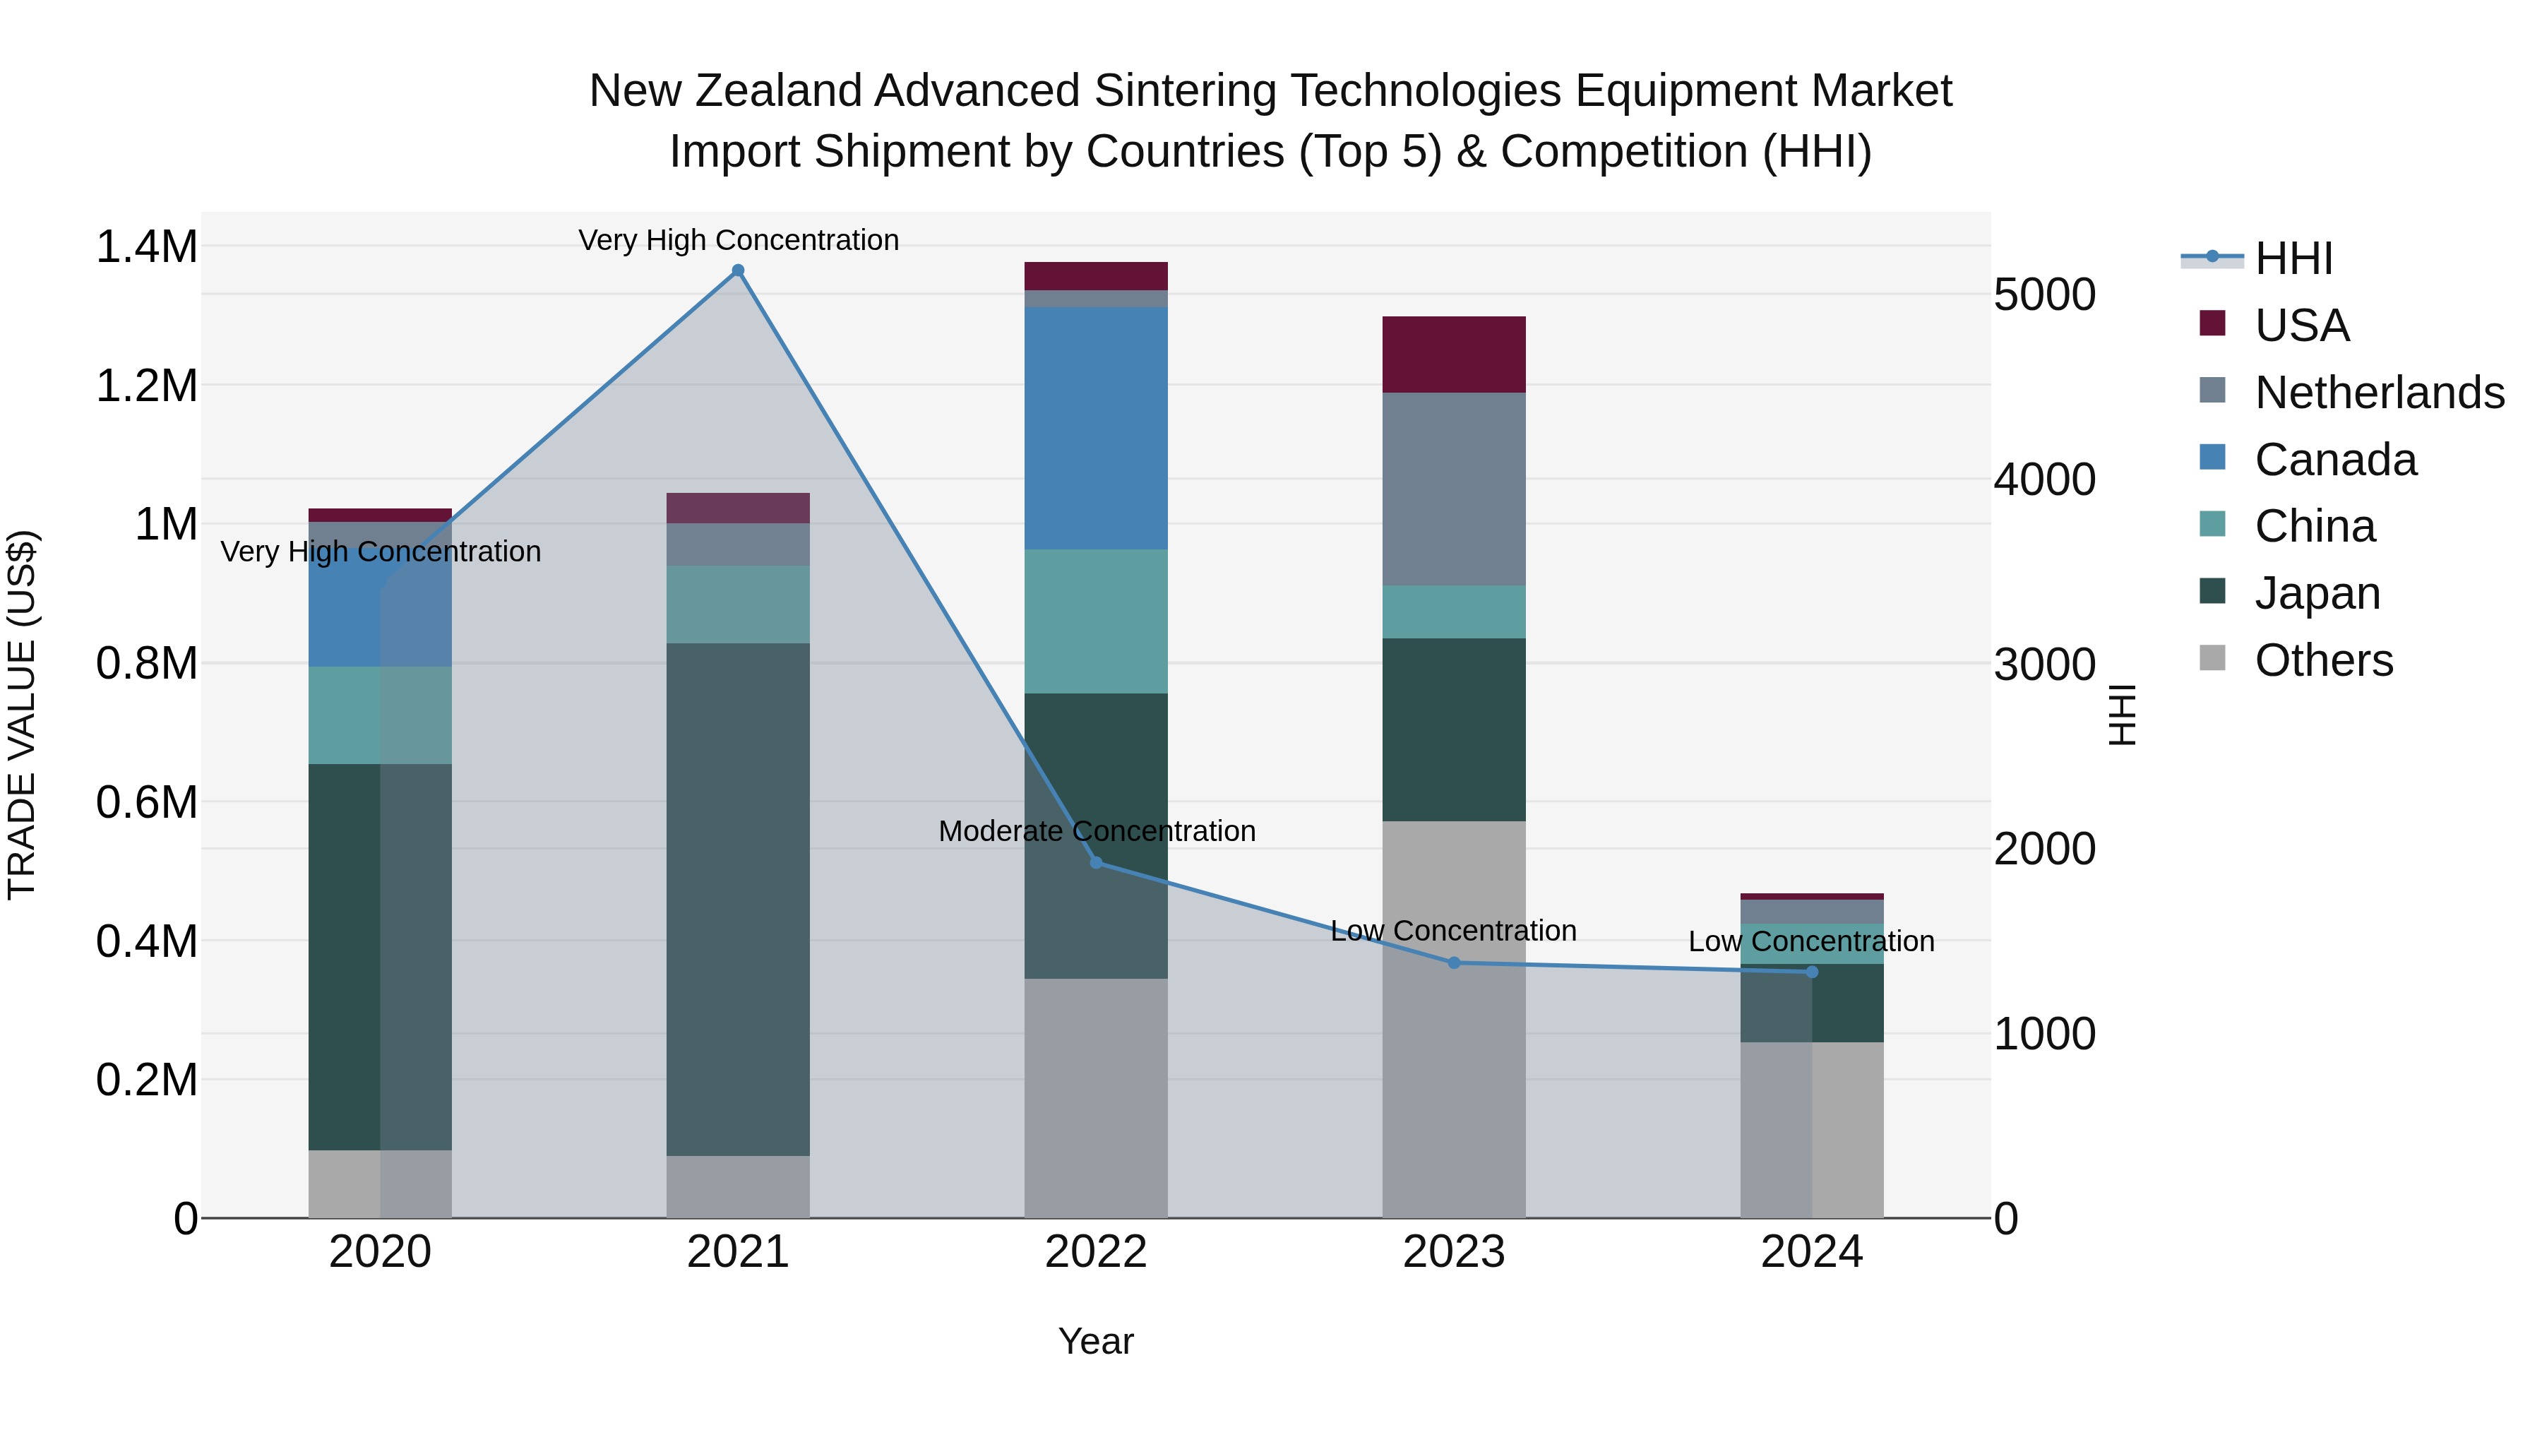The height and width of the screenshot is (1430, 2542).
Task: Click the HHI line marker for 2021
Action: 737,270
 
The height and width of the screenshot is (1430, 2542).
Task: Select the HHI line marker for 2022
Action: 1095,862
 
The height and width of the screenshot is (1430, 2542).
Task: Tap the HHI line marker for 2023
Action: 1454,963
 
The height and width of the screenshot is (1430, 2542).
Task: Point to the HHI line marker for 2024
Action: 1812,972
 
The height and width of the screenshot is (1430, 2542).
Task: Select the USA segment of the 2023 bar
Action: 1454,354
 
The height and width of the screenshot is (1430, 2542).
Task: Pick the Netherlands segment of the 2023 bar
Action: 1454,489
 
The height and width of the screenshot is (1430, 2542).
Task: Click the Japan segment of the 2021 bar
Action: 737,898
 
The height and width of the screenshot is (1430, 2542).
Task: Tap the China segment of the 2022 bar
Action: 1095,621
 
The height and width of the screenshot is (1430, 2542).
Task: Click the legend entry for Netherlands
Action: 2378,392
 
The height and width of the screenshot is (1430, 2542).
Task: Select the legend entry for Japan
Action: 2317,593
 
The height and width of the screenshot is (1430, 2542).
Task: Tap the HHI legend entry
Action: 2292,258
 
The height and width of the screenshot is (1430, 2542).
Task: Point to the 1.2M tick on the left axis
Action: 146,386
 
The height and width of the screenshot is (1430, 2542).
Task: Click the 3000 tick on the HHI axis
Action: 2043,665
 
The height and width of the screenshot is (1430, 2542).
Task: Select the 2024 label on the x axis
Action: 1812,1252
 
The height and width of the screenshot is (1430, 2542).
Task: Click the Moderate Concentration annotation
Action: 1097,831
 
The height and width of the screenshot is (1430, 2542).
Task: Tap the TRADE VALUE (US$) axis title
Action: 22,715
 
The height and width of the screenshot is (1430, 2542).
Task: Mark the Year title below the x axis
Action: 1095,1341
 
